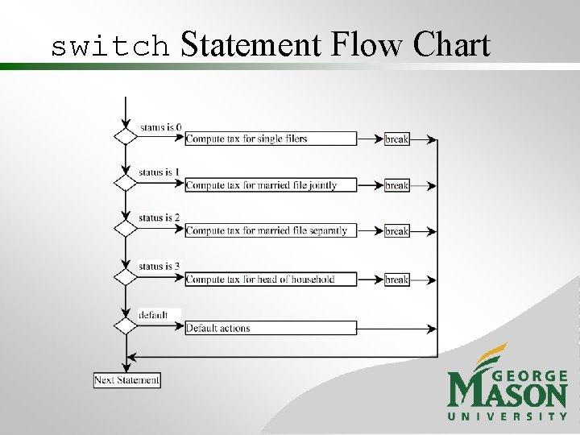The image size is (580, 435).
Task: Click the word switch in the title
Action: click(x=110, y=47)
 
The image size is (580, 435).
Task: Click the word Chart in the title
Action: click(x=451, y=44)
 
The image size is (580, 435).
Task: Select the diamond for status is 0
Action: click(x=126, y=135)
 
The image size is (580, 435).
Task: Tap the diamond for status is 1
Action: click(x=126, y=183)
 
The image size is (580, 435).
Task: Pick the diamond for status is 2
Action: click(x=126, y=229)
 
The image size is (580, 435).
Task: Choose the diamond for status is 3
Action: click(x=126, y=277)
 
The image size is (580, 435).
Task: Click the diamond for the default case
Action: click(x=126, y=326)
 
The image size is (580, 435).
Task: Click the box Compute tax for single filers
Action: click(x=271, y=139)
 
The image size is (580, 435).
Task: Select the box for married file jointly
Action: click(x=271, y=185)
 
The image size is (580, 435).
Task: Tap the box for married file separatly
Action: click(x=271, y=230)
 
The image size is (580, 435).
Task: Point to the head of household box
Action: click(x=271, y=280)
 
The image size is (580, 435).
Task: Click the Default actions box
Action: click(x=271, y=328)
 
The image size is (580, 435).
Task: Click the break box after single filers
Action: click(x=397, y=139)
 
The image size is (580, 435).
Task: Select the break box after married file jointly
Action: click(x=397, y=185)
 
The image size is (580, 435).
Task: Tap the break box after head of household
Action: click(x=397, y=280)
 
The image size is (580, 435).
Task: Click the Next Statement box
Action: click(x=127, y=380)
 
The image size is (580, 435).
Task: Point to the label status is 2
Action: click(x=159, y=217)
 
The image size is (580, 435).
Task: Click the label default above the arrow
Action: click(x=153, y=314)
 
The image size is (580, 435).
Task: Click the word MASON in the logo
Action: click(x=507, y=394)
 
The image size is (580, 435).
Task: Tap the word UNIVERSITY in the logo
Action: click(x=507, y=416)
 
